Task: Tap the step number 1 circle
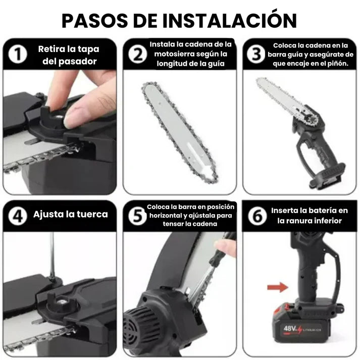point(19,55)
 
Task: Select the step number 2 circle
point(137,55)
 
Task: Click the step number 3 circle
point(256,55)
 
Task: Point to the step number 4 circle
point(19,216)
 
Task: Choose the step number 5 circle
point(137,216)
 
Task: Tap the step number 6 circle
point(256,216)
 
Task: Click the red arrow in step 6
point(275,287)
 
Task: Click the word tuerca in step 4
point(91,214)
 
